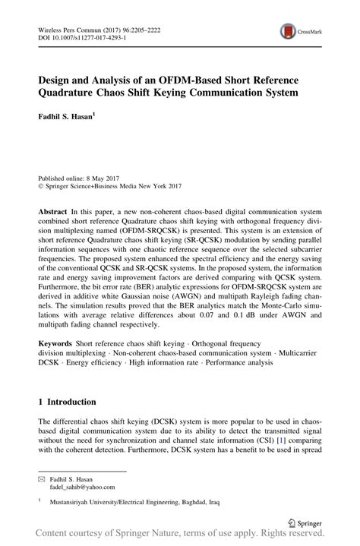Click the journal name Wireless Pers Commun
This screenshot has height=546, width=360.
coord(68,26)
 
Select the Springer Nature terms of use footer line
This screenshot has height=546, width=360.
coord(179,536)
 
